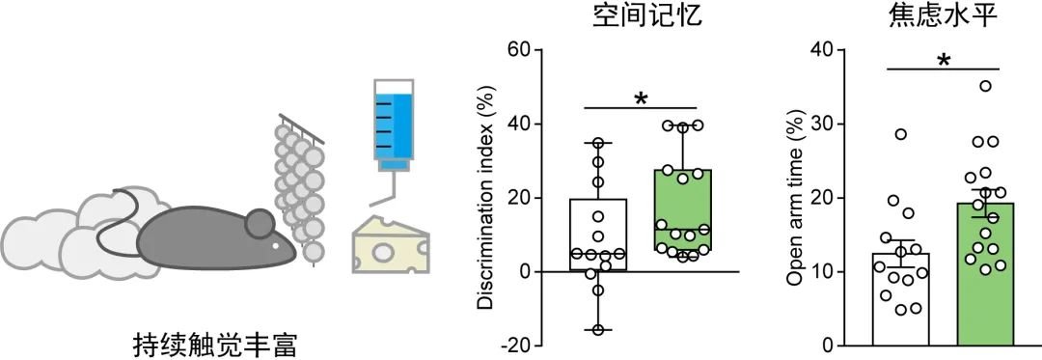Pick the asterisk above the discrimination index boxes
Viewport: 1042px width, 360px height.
[x=640, y=97]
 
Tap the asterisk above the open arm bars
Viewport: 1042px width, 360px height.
[x=943, y=61]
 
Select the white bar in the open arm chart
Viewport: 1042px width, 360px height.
[x=900, y=299]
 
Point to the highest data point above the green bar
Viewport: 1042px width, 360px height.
[x=985, y=86]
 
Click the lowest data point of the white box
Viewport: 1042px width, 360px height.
[x=598, y=330]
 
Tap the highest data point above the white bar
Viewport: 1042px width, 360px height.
[x=901, y=134]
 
